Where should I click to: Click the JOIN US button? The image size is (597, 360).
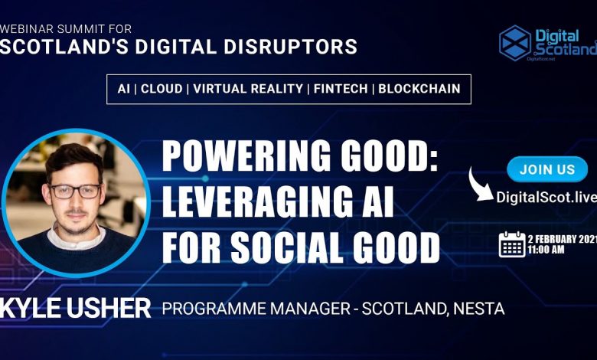pyautogui.click(x=547, y=169)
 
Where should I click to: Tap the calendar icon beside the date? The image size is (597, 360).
pyautogui.click(x=512, y=244)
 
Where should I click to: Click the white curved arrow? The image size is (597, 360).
pyautogui.click(x=480, y=185)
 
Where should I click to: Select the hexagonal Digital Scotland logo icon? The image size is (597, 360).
pyautogui.click(x=515, y=43)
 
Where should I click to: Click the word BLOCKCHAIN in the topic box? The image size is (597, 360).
pyautogui.click(x=419, y=89)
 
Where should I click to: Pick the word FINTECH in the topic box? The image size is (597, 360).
pyautogui.click(x=341, y=89)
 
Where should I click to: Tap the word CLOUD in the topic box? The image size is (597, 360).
pyautogui.click(x=161, y=89)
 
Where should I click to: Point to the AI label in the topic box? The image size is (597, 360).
pyautogui.click(x=123, y=89)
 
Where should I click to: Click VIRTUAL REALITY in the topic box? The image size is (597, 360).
pyautogui.click(x=248, y=89)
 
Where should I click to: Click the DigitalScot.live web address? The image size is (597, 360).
pyautogui.click(x=546, y=198)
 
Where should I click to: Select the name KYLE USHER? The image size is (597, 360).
pyautogui.click(x=75, y=308)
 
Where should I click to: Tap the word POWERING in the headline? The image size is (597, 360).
pyautogui.click(x=246, y=155)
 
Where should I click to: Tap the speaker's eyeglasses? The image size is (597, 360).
pyautogui.click(x=75, y=191)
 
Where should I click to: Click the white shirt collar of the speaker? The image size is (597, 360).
pyautogui.click(x=76, y=237)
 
